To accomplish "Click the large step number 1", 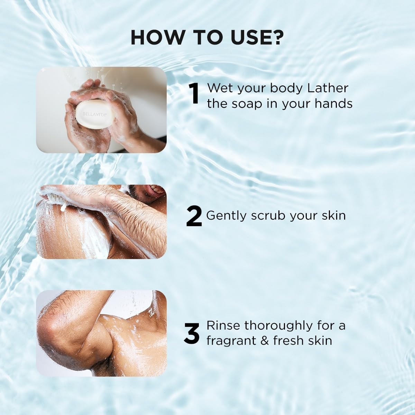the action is pos(195,94).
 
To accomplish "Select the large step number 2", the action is pos(194,216).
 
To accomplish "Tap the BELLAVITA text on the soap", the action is pos(94,114).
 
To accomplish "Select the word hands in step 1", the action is pos(333,104).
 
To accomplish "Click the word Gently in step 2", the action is pos(226,216).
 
